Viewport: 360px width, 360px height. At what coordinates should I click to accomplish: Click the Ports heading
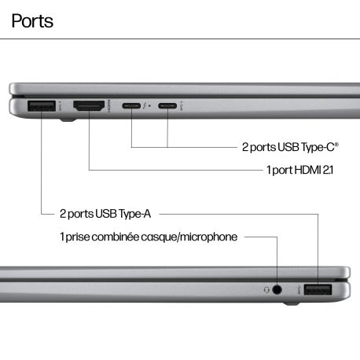(x=32, y=21)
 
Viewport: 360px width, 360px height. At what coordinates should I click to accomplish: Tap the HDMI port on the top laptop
(x=89, y=105)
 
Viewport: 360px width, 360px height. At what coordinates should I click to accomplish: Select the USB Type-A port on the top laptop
(x=42, y=106)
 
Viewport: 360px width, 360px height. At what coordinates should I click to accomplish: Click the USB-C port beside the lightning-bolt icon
(x=131, y=106)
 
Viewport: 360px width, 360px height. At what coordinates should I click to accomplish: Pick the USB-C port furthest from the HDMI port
(x=167, y=106)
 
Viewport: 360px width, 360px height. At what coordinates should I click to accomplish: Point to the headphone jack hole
(x=277, y=289)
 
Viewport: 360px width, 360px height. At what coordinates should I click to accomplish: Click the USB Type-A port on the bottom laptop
(x=318, y=290)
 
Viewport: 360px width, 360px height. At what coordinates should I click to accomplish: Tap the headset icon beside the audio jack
(x=266, y=290)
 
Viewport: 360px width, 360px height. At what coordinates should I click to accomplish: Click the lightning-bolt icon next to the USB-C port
(x=145, y=106)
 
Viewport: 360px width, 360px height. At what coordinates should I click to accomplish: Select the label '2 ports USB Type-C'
(x=290, y=147)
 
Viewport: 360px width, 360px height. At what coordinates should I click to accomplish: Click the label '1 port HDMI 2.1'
(x=299, y=170)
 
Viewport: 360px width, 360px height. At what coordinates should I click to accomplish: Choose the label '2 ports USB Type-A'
(x=105, y=214)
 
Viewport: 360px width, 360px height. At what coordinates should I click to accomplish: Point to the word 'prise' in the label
(x=78, y=237)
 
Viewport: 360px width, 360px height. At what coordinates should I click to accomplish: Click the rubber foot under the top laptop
(x=68, y=120)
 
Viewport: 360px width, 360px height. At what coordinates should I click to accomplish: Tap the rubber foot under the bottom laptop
(x=292, y=303)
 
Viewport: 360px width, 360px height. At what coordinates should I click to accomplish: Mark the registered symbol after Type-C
(x=336, y=144)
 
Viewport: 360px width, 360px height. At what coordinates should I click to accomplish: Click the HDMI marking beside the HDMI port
(x=109, y=106)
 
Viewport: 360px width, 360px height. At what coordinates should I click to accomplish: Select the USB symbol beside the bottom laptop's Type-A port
(x=299, y=290)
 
